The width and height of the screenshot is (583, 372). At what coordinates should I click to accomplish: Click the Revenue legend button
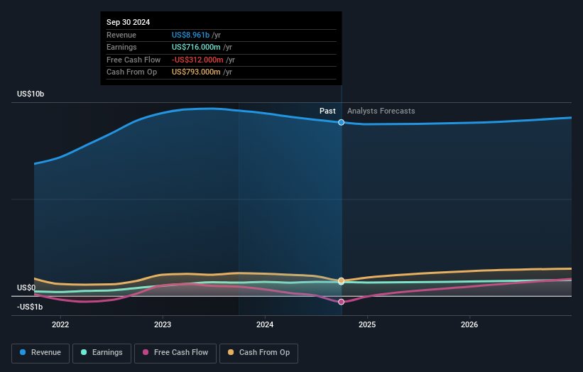click(40, 352)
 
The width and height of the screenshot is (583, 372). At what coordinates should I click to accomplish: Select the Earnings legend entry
click(102, 352)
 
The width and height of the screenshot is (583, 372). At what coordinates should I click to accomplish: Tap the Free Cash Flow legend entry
click(174, 352)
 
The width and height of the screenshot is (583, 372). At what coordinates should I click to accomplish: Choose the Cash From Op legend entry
click(258, 352)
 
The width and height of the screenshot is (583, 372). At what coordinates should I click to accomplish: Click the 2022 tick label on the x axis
click(60, 325)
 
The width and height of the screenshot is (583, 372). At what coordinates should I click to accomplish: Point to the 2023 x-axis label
click(163, 325)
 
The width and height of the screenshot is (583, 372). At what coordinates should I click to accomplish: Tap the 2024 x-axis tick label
click(265, 325)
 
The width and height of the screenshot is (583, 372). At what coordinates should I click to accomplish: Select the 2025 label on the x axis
click(367, 325)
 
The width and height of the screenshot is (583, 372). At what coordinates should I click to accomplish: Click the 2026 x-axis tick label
click(469, 325)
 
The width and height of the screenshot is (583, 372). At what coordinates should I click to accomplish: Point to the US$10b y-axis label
click(32, 94)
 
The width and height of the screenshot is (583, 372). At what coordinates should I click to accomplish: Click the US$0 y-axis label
click(26, 288)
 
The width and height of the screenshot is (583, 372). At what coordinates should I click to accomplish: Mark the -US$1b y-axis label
click(30, 307)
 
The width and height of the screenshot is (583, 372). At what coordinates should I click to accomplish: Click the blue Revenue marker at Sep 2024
click(342, 122)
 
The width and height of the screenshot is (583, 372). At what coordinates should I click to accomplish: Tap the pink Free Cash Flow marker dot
click(342, 302)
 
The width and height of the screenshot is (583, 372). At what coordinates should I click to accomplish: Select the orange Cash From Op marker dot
click(342, 281)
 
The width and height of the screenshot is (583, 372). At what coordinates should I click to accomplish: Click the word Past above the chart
click(327, 111)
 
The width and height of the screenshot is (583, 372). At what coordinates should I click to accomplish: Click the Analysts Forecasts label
click(381, 111)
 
